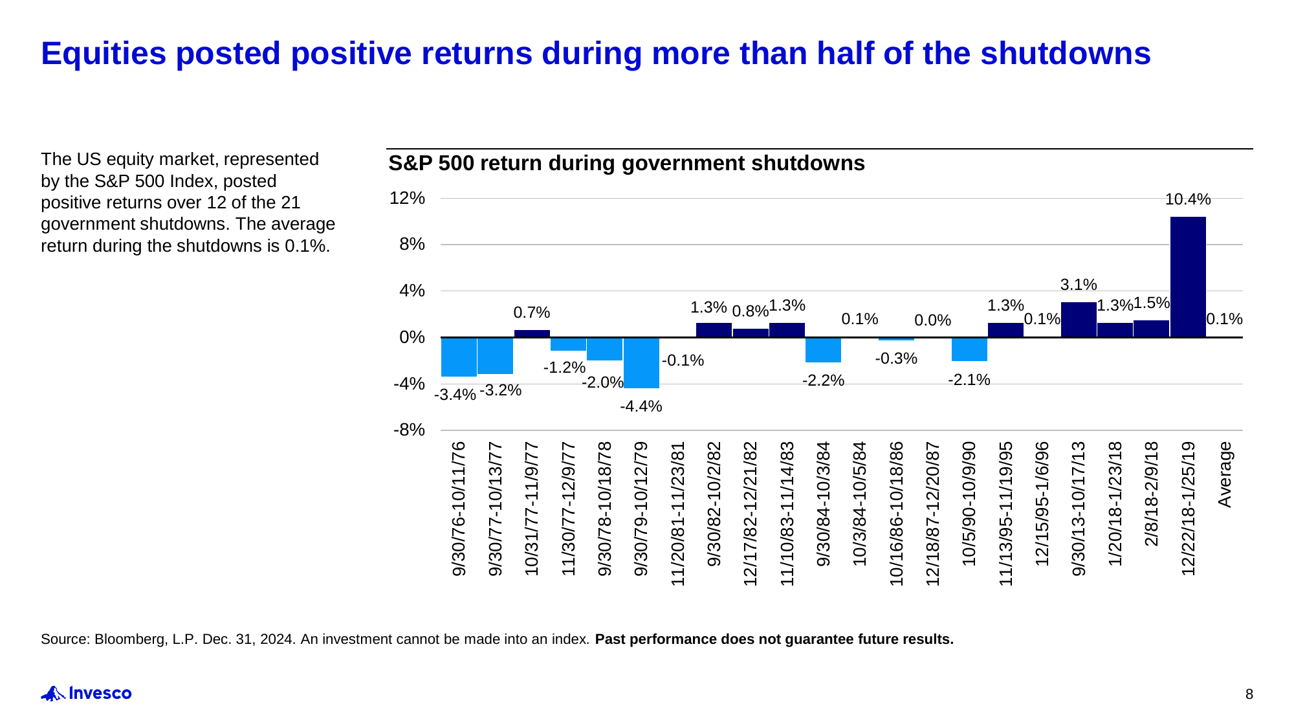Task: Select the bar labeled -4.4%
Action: tap(641, 362)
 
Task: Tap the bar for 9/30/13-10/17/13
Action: tap(1079, 320)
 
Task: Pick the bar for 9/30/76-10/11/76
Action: tap(459, 357)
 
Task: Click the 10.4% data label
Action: tap(1188, 199)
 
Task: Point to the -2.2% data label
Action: tap(823, 381)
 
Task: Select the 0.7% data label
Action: tap(531, 313)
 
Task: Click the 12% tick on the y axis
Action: tap(407, 198)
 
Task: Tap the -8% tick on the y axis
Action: tap(409, 430)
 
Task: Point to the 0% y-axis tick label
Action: tap(412, 337)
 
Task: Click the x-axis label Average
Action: tap(1225, 474)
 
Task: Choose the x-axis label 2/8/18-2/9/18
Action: tap(1152, 494)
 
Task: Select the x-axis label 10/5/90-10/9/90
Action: tap(969, 503)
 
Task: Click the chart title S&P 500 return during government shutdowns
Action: tap(626, 163)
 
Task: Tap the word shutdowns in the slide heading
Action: tap(1066, 53)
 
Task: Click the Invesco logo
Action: tap(86, 694)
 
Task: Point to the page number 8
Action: tap(1249, 694)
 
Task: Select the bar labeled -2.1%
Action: tap(969, 349)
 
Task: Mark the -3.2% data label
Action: tap(500, 390)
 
